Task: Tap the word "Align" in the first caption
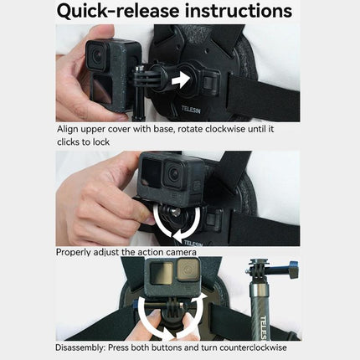point(69,130)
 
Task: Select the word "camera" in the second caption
point(179,251)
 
